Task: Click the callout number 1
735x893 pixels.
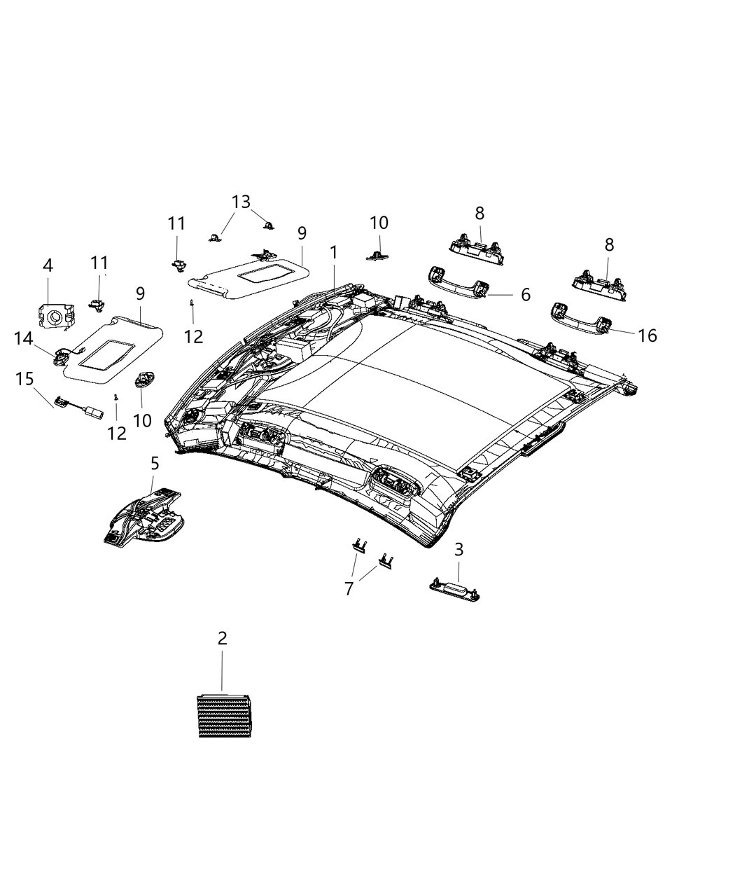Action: [x=334, y=252]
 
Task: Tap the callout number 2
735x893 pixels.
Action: [x=222, y=638]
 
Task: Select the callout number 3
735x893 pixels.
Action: [x=458, y=550]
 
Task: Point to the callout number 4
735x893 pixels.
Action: [x=48, y=265]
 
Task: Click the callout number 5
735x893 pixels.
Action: [x=154, y=463]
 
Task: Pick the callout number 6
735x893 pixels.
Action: [x=525, y=295]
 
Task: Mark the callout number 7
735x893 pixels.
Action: [x=349, y=588]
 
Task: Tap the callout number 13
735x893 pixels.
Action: [x=241, y=202]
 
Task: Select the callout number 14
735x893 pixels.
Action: [x=23, y=338]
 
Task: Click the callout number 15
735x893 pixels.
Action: [x=24, y=379]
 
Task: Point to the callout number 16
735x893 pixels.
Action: [x=647, y=335]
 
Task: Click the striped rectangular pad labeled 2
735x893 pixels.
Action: [x=223, y=714]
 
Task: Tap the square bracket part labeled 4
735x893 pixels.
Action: [x=52, y=316]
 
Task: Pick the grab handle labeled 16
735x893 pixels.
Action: [x=581, y=318]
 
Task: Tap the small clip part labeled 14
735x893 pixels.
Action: [x=58, y=357]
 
